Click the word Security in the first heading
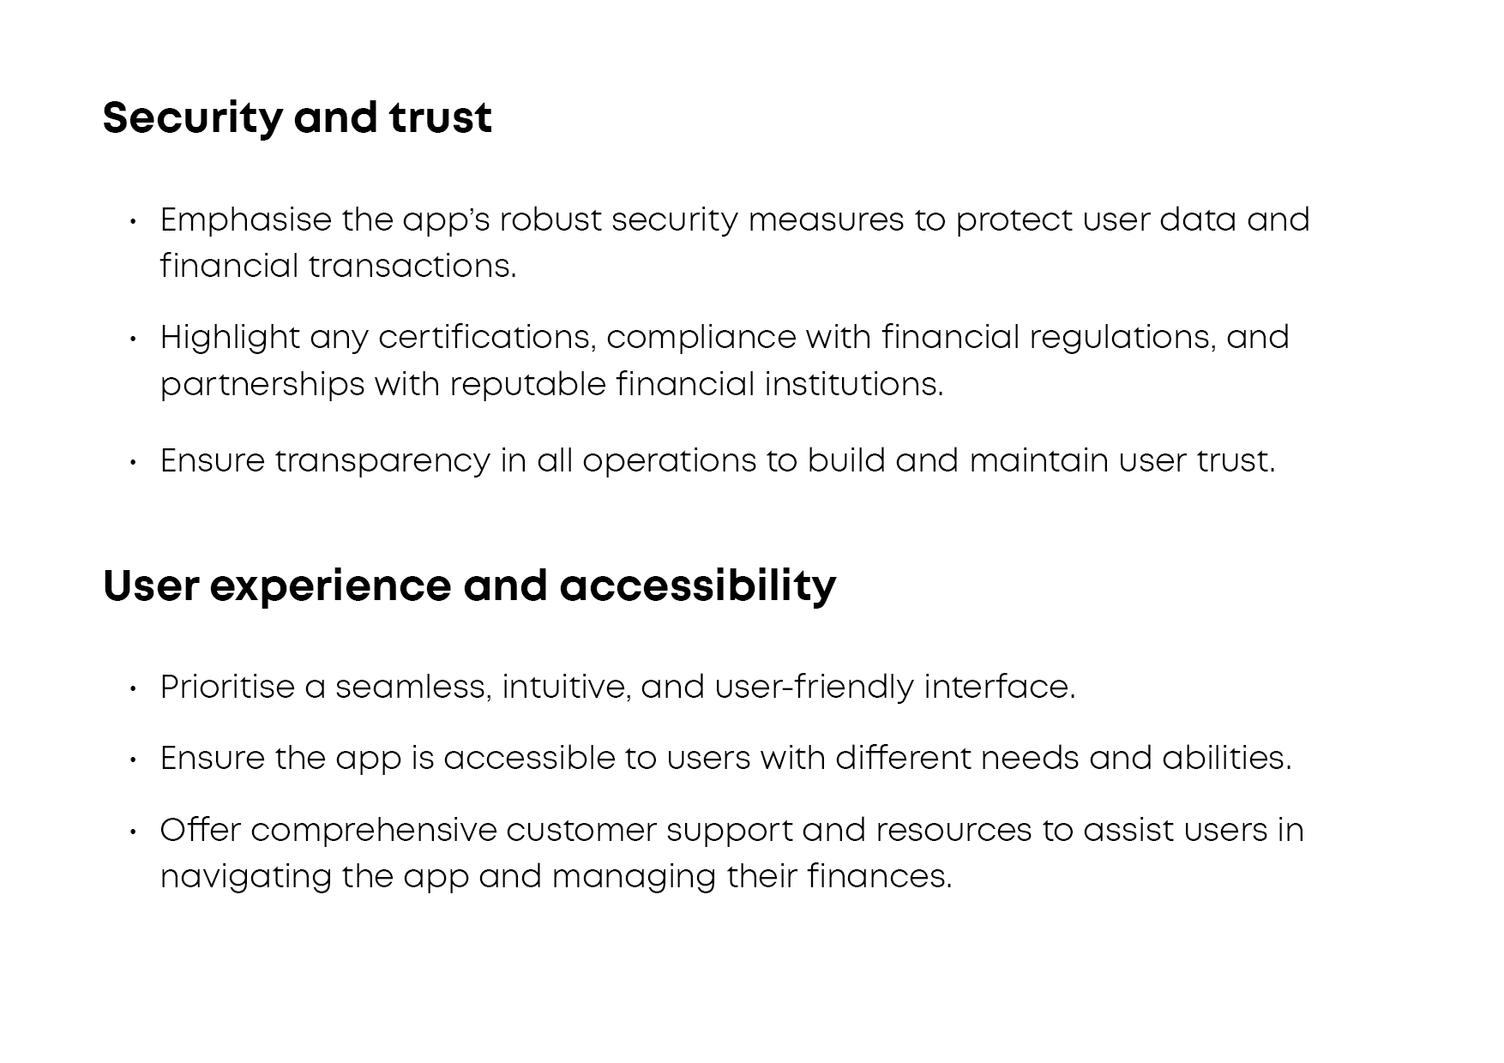pyautogui.click(x=192, y=118)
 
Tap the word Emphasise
pyautogui.click(x=245, y=220)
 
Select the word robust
pyautogui.click(x=550, y=219)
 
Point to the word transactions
pyautogui.click(x=412, y=267)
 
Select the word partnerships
pyautogui.click(x=262, y=385)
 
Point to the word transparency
pyautogui.click(x=382, y=462)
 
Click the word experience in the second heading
pyautogui.click(x=330, y=587)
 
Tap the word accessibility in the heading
pyautogui.click(x=698, y=587)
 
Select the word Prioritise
pyautogui.click(x=227, y=688)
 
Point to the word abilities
pyautogui.click(x=1226, y=759)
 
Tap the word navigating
pyautogui.click(x=245, y=878)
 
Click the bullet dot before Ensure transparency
pyautogui.click(x=133, y=463)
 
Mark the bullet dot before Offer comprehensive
pyautogui.click(x=133, y=832)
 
